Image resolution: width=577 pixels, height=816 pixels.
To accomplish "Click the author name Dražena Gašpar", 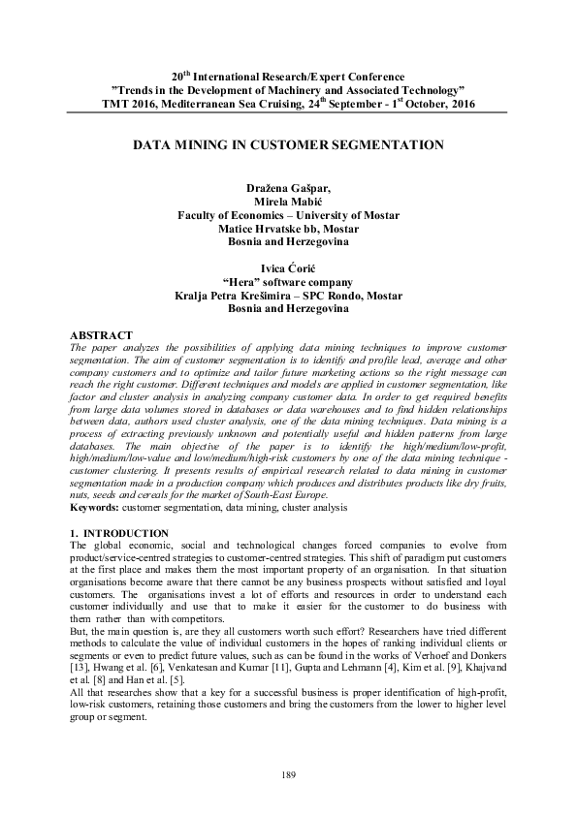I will click(x=287, y=184).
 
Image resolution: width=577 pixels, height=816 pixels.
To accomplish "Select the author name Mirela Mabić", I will click(x=287, y=199).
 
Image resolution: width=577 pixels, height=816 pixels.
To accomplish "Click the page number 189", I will click(x=288, y=772).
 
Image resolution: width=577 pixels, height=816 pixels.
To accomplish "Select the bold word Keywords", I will click(x=93, y=506).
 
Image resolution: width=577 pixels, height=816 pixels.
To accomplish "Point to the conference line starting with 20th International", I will click(x=287, y=75).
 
